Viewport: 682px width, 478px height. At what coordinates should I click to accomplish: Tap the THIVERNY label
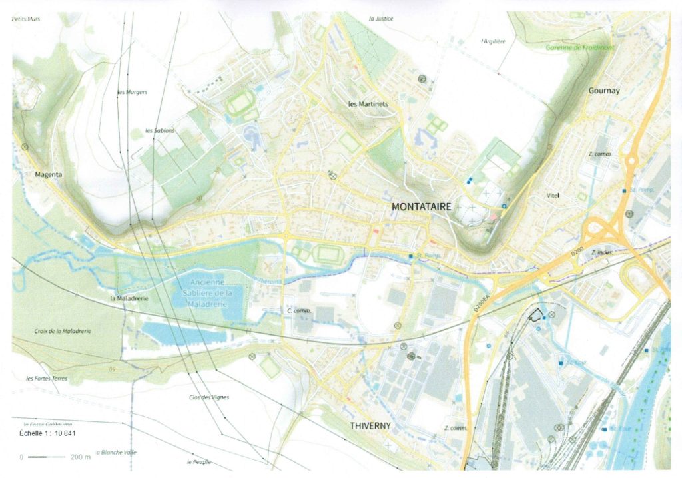[370, 425]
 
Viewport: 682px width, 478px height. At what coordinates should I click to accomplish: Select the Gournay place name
[603, 91]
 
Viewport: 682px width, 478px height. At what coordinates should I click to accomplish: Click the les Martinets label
[368, 104]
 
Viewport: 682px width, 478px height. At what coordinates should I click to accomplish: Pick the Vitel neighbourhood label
[552, 195]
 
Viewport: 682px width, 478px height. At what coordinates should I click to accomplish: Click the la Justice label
[381, 19]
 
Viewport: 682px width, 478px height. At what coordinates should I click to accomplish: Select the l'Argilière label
[493, 41]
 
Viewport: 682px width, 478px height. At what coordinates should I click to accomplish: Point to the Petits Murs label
[26, 19]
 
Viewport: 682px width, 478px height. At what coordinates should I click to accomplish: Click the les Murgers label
[132, 92]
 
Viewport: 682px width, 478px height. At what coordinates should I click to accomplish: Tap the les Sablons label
[160, 130]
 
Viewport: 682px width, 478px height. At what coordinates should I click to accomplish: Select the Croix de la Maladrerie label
[63, 331]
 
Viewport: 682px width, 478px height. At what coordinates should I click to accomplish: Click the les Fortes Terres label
[46, 379]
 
